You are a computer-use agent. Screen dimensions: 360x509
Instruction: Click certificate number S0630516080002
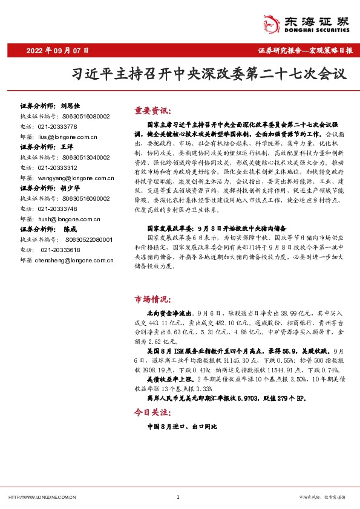pyautogui.click(x=83, y=116)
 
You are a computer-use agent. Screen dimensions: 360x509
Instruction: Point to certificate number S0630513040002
pyautogui.click(x=83, y=157)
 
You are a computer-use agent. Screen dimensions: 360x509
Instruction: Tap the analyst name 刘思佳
pyautogui.click(x=70, y=106)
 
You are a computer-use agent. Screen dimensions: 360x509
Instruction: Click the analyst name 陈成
pyautogui.click(x=70, y=230)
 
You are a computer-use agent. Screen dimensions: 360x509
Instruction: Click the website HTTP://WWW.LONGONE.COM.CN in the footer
pyautogui.click(x=42, y=497)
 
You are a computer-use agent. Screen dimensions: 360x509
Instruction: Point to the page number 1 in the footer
pyautogui.click(x=177, y=497)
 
